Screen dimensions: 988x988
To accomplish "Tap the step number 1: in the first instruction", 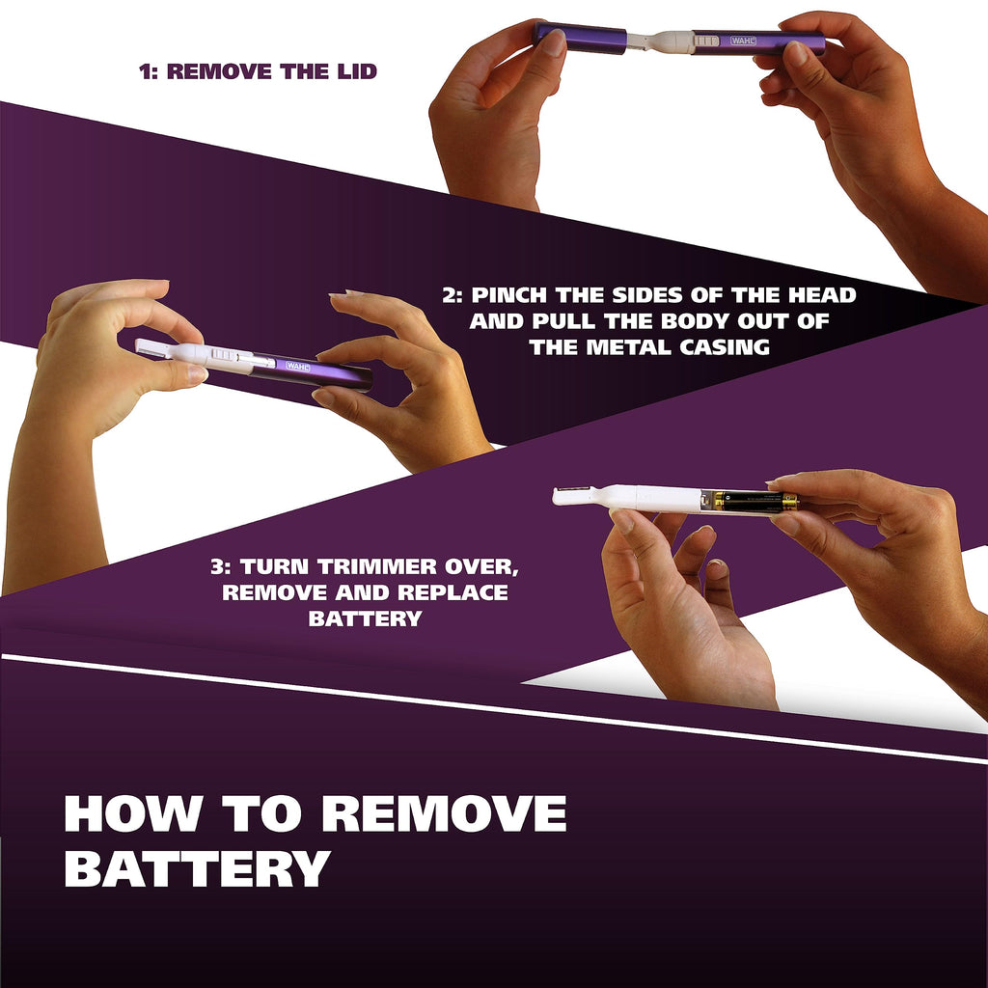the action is click(149, 71).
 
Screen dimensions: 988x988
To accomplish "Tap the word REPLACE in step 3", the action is click(453, 592).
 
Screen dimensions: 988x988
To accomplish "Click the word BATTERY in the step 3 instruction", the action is click(365, 618).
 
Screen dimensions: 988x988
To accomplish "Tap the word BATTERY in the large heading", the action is click(197, 869).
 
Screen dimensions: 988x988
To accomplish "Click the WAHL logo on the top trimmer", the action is click(743, 41).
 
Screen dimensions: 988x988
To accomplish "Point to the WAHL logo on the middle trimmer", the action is click(298, 366).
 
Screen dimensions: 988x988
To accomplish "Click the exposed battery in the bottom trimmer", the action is click(750, 502).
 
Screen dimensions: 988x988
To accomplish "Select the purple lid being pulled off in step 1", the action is click(580, 38).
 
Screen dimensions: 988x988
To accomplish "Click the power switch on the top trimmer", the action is click(706, 41).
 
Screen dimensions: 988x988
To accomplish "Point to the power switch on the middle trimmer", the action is click(223, 354).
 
